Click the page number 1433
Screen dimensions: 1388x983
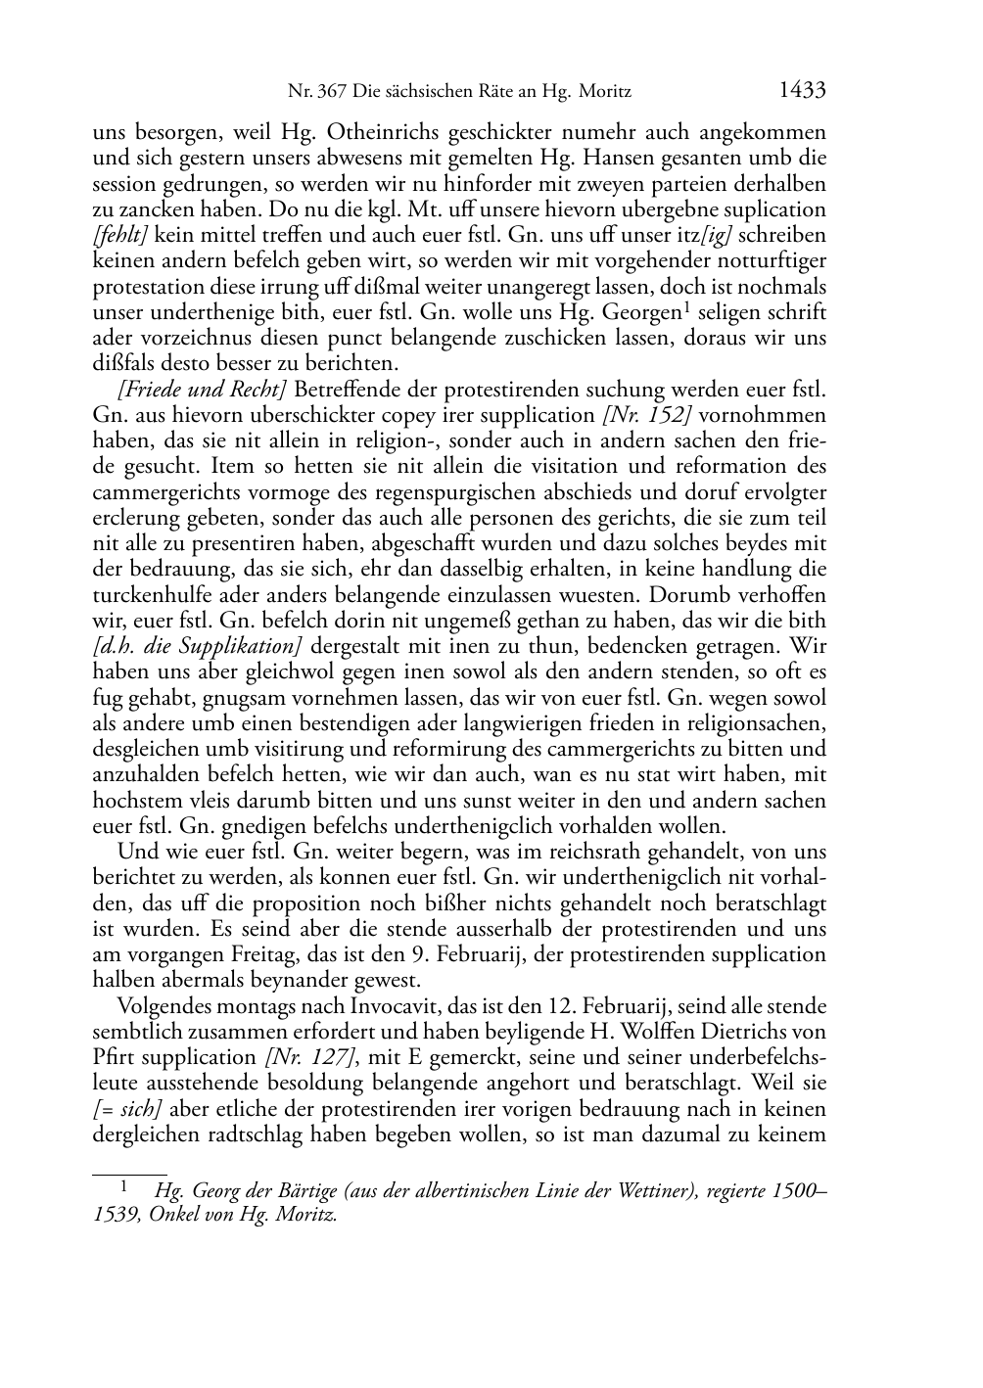[802, 91]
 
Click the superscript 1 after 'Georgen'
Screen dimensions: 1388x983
[685, 307]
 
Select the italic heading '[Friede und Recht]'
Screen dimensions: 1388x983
[202, 390]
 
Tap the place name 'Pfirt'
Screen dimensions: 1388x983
[114, 1057]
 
